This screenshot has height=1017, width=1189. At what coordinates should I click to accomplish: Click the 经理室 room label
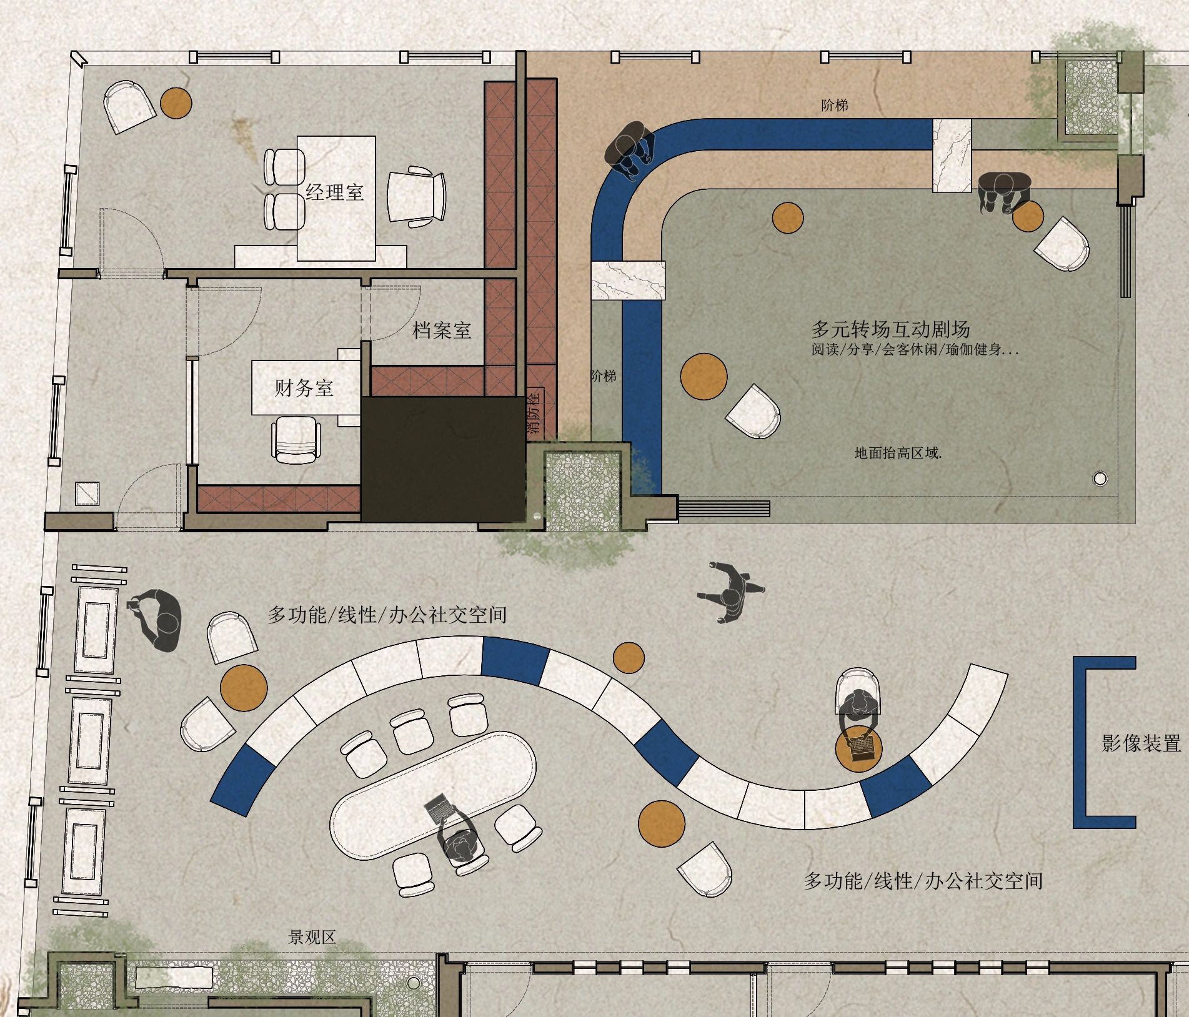335,191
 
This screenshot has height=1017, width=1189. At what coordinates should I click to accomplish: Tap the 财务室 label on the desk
304,388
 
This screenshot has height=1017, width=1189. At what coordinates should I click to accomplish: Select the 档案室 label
442,330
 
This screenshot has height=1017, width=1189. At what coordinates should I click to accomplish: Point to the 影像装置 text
1142,743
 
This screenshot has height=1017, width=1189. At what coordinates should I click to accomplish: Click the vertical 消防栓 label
534,412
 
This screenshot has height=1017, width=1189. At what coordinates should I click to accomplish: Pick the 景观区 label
312,936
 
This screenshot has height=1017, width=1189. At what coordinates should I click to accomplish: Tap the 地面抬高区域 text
898,453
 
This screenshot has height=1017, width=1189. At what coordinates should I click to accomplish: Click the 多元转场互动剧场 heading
890,329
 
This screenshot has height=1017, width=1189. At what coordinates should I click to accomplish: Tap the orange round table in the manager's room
176,102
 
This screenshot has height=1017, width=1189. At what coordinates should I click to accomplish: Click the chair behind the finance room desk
296,440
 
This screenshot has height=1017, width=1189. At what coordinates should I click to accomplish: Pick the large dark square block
443,459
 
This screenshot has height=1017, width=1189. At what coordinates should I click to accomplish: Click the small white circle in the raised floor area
1100,479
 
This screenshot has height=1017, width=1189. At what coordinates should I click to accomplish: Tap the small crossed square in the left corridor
87,494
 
